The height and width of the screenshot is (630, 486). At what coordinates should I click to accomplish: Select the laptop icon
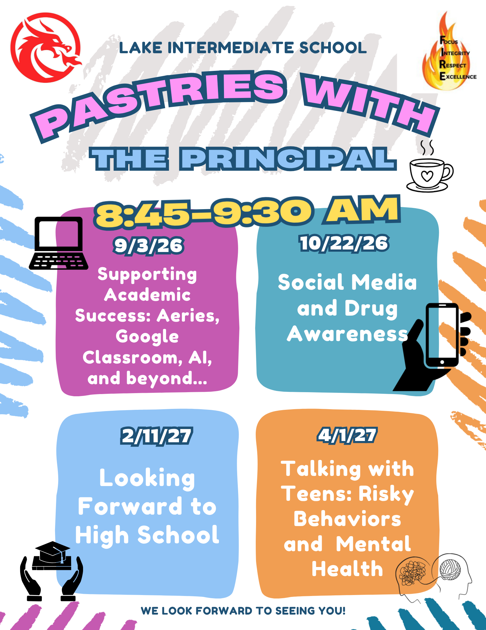(59, 243)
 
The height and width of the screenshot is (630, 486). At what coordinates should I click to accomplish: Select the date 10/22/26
(344, 243)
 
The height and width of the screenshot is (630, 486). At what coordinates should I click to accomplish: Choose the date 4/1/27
(347, 435)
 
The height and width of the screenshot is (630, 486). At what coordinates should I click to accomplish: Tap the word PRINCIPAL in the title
(288, 159)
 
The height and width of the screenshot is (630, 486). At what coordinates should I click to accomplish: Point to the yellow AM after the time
(362, 209)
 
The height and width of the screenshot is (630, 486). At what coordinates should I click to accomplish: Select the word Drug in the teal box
(371, 309)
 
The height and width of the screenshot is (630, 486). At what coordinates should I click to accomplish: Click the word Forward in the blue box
(130, 507)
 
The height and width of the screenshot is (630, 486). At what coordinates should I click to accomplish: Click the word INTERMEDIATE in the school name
(231, 48)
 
